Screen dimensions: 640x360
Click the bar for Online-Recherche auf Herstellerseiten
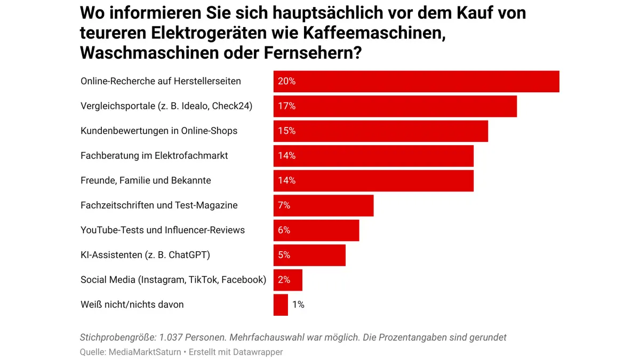[416, 82]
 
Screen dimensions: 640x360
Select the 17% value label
[286, 106]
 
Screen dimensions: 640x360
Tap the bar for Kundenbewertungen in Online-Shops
[381, 131]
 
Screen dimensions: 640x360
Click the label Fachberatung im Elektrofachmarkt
[154, 156]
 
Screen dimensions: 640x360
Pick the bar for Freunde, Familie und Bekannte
[373, 180]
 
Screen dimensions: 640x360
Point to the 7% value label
[284, 205]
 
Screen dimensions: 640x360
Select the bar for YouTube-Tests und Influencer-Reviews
[316, 230]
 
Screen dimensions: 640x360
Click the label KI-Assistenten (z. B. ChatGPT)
[145, 255]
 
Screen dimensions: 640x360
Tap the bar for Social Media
[288, 280]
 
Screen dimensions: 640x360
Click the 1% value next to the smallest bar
[298, 305]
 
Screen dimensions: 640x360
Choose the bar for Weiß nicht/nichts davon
[281, 305]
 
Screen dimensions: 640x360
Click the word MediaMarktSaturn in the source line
[145, 352]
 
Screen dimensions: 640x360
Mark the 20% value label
[286, 82]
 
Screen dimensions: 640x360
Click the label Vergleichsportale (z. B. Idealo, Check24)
[166, 106]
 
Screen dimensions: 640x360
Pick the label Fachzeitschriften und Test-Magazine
[159, 205]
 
